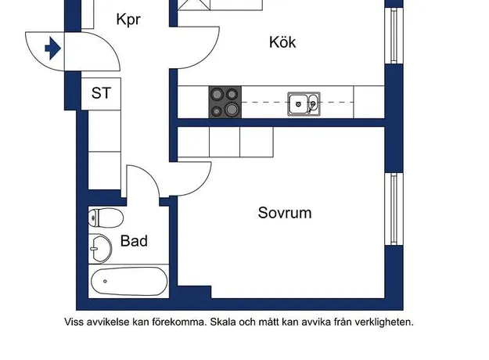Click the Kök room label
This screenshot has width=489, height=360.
pos(282,42)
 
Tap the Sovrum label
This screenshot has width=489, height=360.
pos(285,213)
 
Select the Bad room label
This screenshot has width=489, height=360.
pos(134,241)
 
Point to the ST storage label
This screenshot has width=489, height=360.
pos(101,93)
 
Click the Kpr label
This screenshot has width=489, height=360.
pos(128,20)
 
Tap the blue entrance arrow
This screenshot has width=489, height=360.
pos(52,49)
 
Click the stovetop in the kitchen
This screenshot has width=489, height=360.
pos(225,102)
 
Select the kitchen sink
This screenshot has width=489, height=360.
pos(304,104)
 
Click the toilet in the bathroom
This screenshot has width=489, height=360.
pos(106,218)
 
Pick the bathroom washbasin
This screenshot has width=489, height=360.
pos(100,249)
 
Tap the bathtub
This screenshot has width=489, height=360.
pos(129,281)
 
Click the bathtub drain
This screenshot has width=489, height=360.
pos(105,281)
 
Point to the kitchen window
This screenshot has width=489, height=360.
pos(394,35)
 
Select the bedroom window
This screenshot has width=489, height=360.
pos(394,209)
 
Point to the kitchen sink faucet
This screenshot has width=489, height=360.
pos(311,106)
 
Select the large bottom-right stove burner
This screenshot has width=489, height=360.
pos(232,110)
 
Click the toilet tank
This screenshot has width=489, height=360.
pos(93,218)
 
